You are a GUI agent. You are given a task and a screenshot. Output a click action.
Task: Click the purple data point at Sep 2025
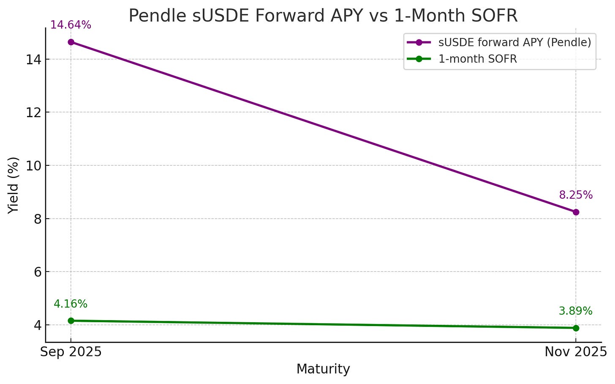pos(71,42)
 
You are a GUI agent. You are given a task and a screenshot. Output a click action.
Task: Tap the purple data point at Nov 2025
pos(576,212)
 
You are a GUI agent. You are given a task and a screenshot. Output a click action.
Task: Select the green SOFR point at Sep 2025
pos(71,321)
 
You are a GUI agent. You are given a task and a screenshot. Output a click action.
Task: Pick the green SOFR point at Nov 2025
pos(576,328)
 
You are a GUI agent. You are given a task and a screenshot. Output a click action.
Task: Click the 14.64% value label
pos(71,25)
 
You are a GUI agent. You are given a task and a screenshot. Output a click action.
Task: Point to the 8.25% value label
pos(576,195)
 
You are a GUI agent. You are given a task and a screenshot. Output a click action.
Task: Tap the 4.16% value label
pos(71,304)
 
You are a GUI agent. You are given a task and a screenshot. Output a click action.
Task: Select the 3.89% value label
pos(575,311)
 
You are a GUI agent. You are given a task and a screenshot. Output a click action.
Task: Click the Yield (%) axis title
pos(14,185)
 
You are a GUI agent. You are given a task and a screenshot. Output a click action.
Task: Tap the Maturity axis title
pos(323,369)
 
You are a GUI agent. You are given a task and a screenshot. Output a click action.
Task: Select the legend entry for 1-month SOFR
pos(477,59)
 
